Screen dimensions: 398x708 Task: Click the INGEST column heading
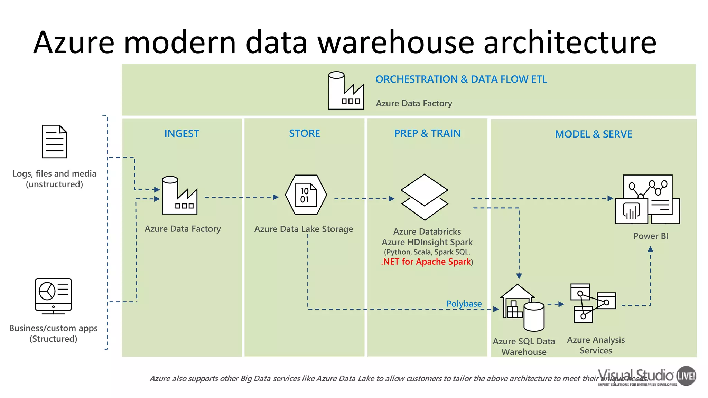pos(181,134)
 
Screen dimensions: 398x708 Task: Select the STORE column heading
pos(304,133)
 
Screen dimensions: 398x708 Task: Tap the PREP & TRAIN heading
pos(427,133)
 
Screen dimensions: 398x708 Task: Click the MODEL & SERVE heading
pos(593,134)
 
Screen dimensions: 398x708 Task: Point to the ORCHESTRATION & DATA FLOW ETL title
pos(461,79)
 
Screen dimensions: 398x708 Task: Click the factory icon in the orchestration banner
pos(345,91)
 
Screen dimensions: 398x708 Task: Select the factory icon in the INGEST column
pos(179,196)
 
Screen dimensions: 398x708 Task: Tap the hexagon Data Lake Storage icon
pos(306,195)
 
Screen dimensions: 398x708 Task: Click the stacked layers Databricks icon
pos(425,197)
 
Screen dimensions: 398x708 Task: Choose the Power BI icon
pos(648,200)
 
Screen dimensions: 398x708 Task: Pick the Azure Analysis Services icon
pos(592,303)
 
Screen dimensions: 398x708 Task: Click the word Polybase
pos(464,304)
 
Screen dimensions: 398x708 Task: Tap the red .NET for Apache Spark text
pos(426,262)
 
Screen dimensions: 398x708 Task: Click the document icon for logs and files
pos(54,142)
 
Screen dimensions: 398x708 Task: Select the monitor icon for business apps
pos(53,296)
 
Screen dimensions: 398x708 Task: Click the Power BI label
pos(651,236)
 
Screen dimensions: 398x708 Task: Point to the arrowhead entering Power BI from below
pos(650,249)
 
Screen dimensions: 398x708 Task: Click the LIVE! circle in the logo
pos(686,376)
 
